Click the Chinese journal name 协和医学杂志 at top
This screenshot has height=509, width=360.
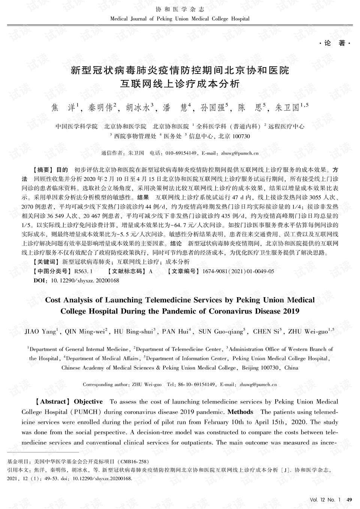(x=180, y=9)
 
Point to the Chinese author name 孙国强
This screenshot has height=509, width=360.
(x=212, y=108)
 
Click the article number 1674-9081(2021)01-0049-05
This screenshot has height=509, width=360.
(x=238, y=271)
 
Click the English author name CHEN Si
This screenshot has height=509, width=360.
(x=266, y=332)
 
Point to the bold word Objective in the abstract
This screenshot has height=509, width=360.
(x=88, y=402)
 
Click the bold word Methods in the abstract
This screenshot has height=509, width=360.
(x=240, y=412)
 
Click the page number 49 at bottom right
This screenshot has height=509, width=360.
(x=349, y=500)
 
